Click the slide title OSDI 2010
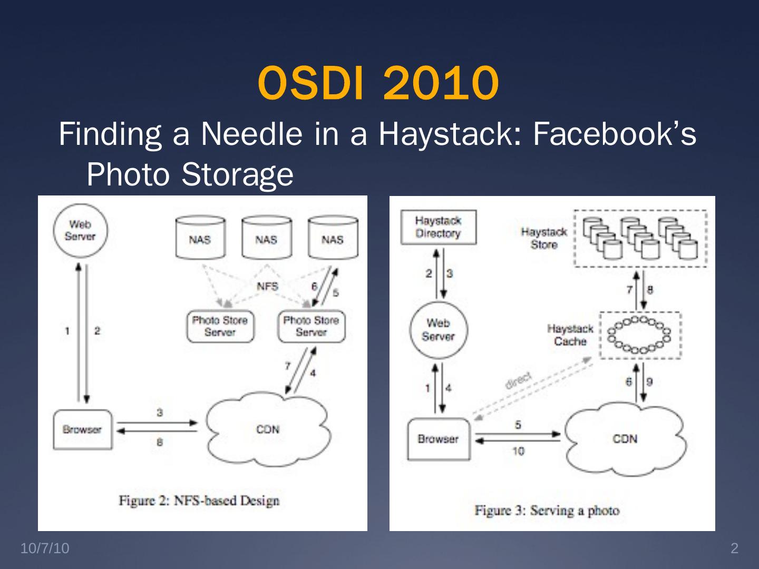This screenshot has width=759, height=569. tap(378, 83)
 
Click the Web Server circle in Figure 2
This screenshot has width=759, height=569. tap(80, 231)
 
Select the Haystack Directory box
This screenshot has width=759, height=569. tap(438, 227)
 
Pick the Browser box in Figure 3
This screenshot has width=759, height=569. tap(439, 439)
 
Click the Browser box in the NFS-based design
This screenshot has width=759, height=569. tap(82, 429)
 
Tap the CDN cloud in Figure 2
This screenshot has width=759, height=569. tap(268, 429)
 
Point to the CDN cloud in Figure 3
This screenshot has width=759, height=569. tap(625, 439)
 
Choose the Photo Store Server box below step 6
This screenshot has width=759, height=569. tap(311, 326)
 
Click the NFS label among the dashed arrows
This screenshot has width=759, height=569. tap(267, 286)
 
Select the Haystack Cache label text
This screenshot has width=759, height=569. tap(570, 335)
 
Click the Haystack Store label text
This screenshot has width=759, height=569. tap(544, 238)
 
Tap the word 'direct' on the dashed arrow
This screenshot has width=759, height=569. tap(519, 380)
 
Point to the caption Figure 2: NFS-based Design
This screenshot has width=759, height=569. tap(199, 500)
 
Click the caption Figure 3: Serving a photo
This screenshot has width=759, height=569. tap(547, 510)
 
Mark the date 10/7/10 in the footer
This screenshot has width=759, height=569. tap(45, 548)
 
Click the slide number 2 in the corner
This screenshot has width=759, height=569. tap(734, 548)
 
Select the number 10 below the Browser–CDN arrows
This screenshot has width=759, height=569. tap(518, 451)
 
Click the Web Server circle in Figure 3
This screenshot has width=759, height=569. tap(438, 330)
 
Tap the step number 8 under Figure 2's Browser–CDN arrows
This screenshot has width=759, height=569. tap(159, 443)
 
